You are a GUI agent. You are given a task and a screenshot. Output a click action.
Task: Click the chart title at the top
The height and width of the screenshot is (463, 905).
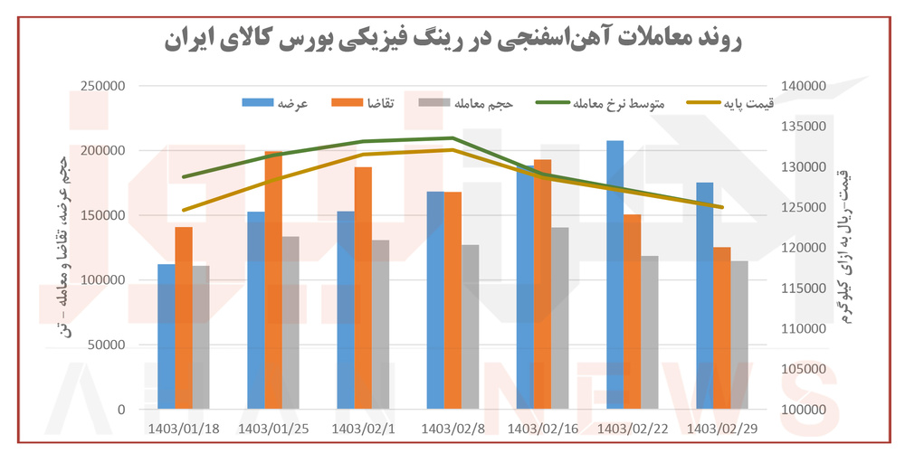452,38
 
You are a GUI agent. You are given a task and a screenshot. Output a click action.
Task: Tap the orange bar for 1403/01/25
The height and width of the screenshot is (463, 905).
273,280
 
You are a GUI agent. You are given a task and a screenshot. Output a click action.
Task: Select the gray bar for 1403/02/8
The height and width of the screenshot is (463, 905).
471,326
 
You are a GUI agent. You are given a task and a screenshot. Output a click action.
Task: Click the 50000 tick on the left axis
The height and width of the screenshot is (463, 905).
110,345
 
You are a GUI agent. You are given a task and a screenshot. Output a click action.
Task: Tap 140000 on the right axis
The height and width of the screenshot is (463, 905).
801,86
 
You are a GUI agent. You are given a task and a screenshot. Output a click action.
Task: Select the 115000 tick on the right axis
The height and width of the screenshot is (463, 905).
801,288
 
